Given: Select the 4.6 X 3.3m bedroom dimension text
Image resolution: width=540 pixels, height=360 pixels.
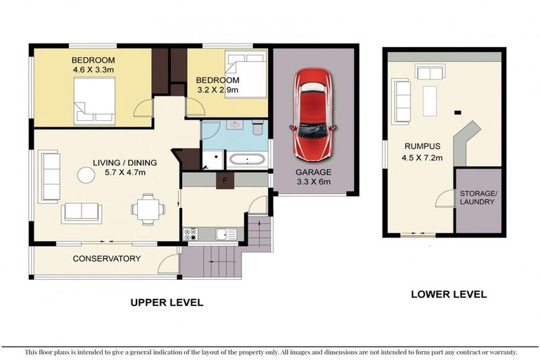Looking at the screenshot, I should pyautogui.click(x=93, y=70).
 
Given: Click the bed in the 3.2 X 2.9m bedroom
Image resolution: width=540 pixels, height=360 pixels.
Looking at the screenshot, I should pyautogui.click(x=245, y=73).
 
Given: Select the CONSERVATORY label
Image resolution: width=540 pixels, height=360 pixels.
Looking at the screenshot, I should pyautogui.click(x=107, y=259).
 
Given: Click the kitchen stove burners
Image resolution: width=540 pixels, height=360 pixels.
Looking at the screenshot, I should pyautogui.click(x=190, y=235).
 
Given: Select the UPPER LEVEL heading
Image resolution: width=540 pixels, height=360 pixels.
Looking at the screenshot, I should pyautogui.click(x=167, y=303).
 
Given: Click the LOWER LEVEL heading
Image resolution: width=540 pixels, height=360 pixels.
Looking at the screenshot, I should pyautogui.click(x=449, y=294).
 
